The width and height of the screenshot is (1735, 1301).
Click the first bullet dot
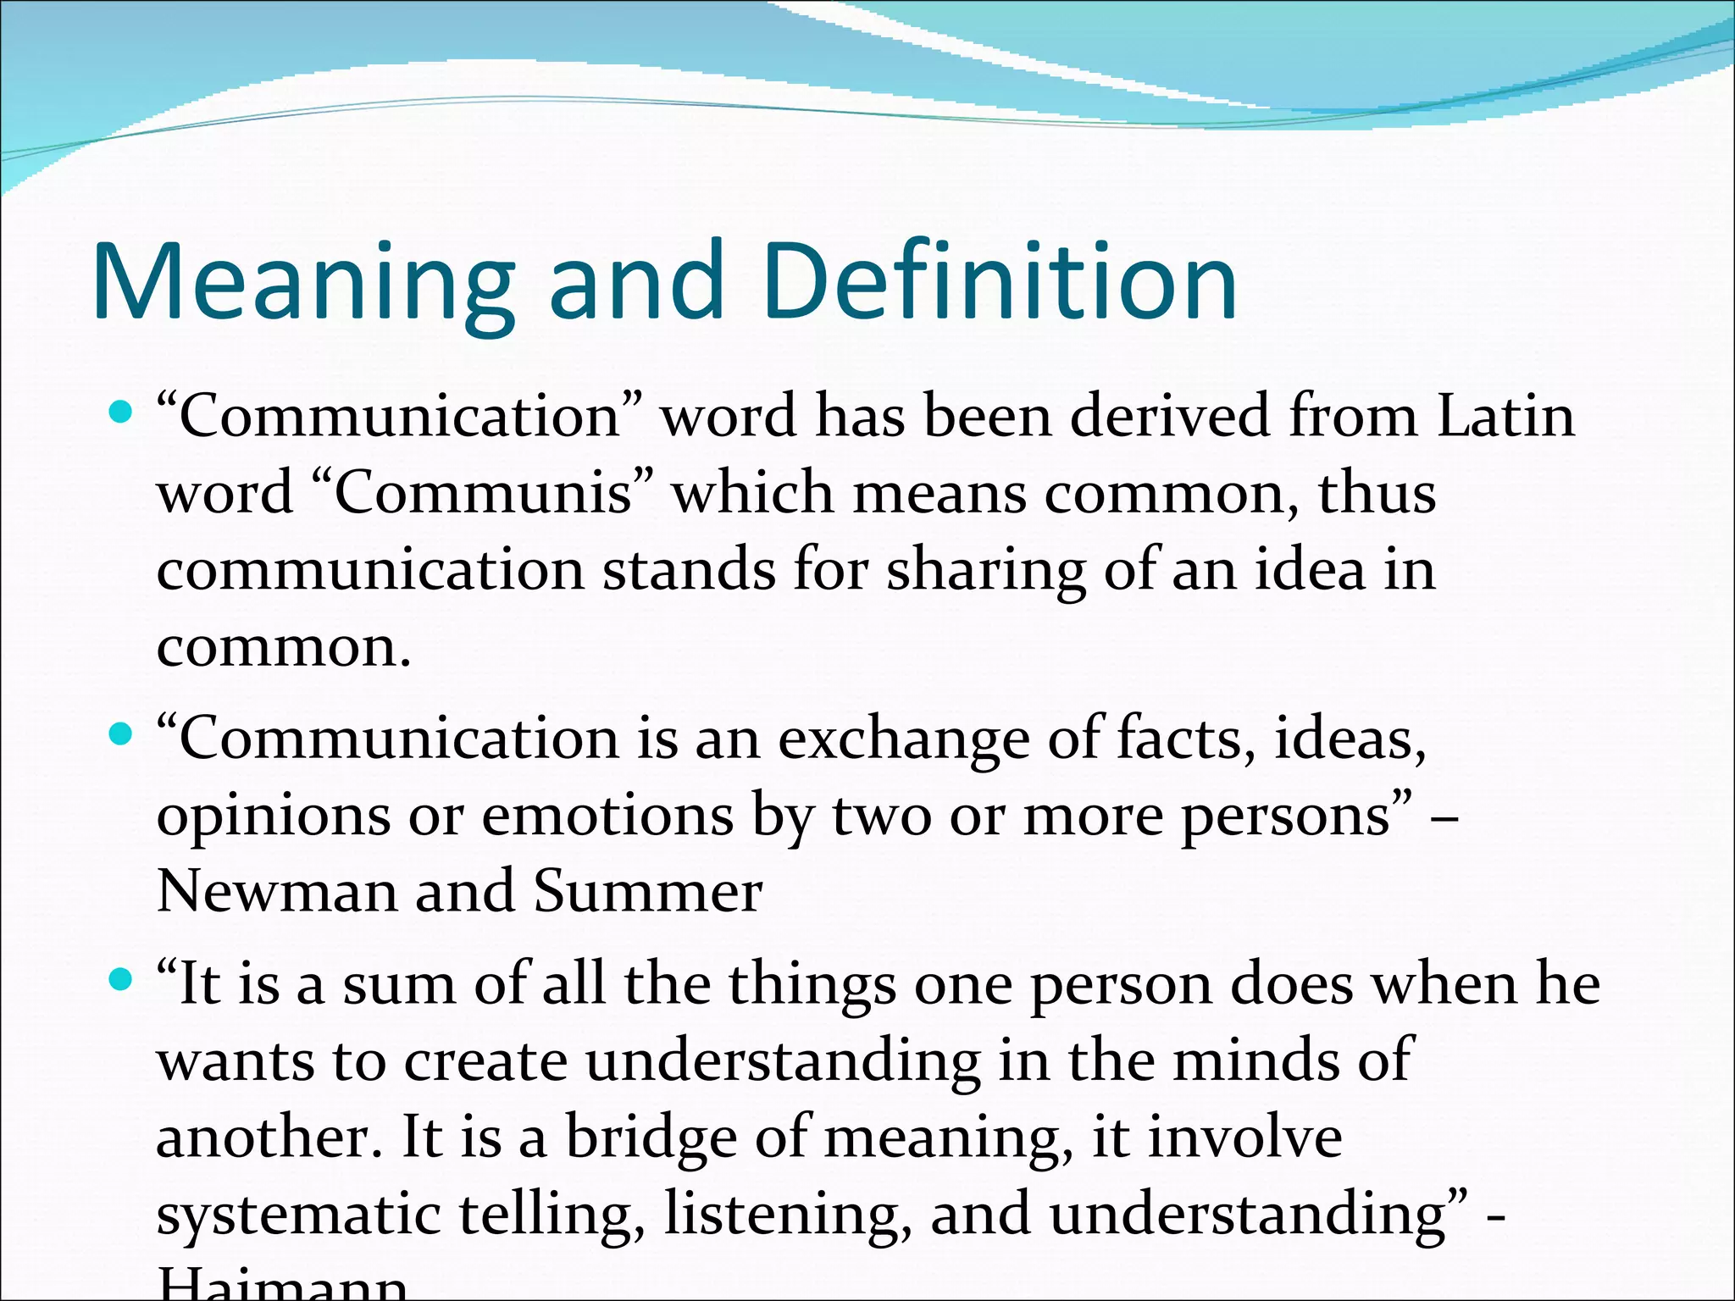[x=122, y=413]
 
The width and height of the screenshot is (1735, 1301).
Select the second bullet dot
[x=122, y=734]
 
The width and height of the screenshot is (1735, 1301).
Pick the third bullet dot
[x=122, y=981]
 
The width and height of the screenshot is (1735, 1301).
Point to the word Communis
[x=484, y=493]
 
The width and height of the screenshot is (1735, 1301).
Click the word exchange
[x=903, y=739]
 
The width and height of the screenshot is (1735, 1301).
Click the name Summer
[x=648, y=891]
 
